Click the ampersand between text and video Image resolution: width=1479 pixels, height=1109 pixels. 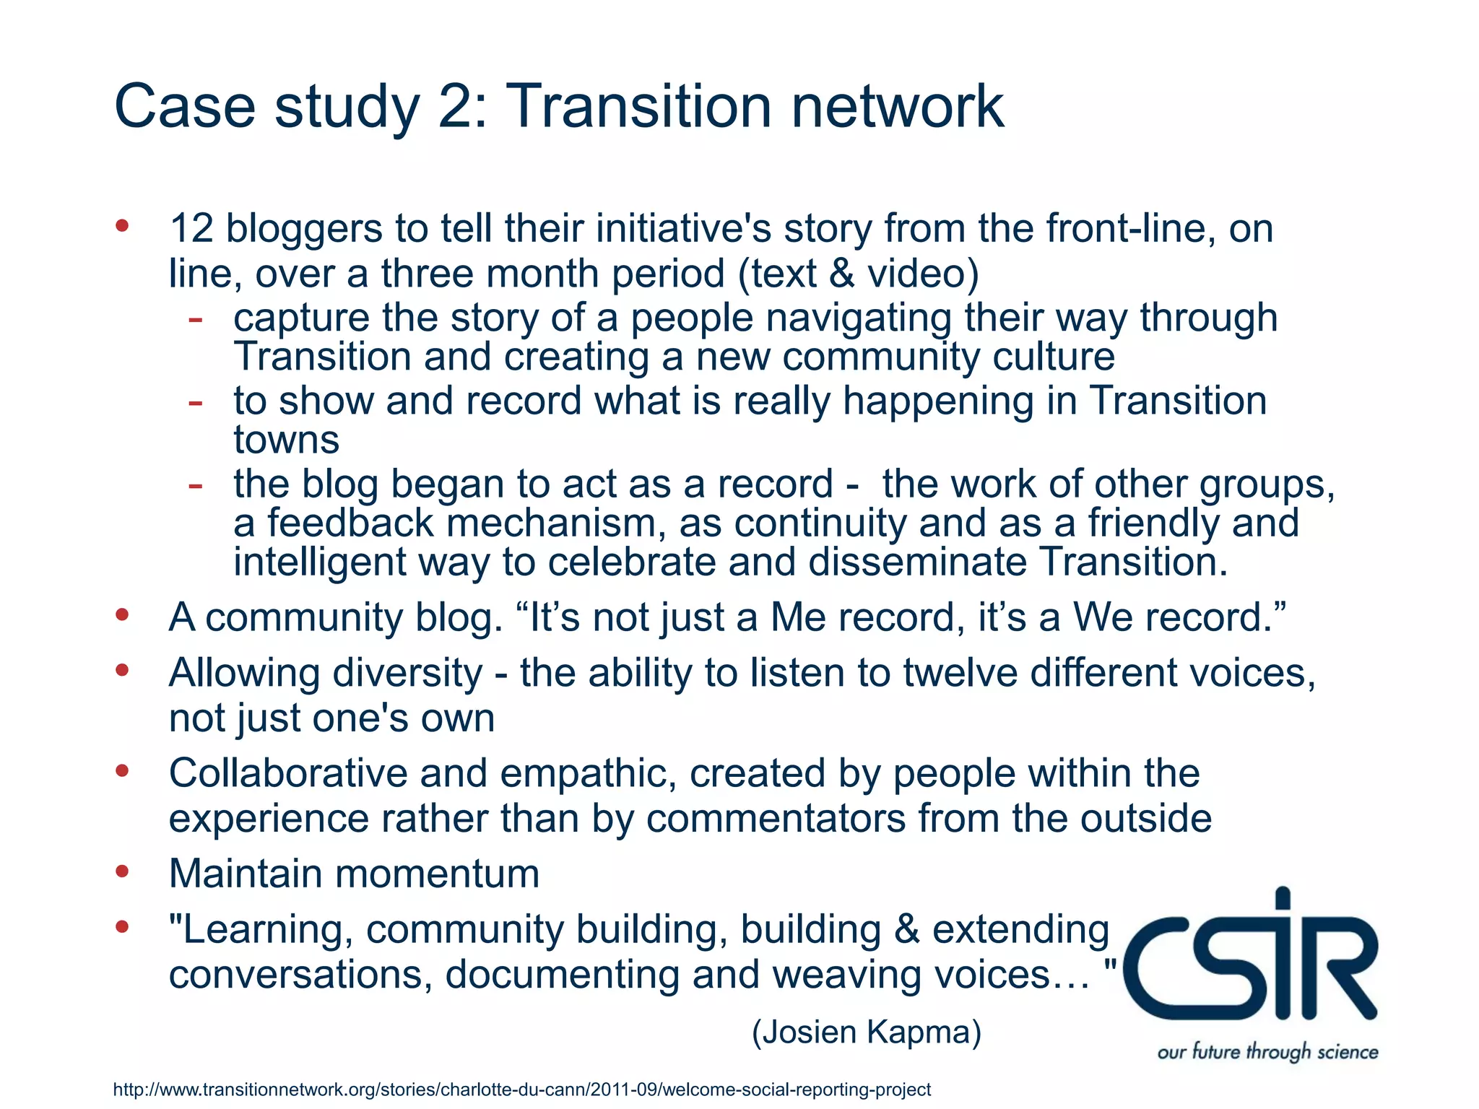click(841, 274)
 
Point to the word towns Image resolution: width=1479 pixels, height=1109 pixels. click(286, 440)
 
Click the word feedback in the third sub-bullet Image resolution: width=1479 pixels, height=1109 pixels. click(350, 523)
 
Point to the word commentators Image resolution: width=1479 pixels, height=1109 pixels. click(776, 819)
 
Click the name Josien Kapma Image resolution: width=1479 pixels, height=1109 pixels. click(867, 1032)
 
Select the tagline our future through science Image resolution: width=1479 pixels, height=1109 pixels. click(1267, 1051)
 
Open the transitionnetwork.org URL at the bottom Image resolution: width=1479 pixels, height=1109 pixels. click(521, 1090)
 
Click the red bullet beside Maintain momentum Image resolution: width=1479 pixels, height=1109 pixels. click(122, 871)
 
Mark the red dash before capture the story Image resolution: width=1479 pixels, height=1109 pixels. click(195, 318)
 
